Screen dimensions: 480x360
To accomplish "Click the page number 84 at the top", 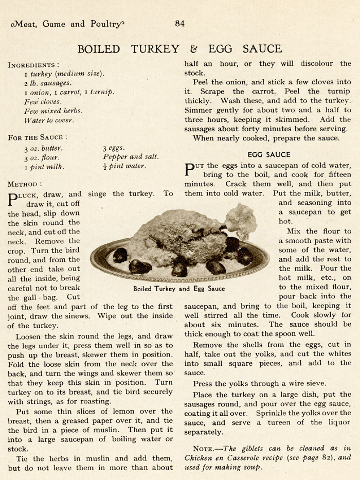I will coord(179,23).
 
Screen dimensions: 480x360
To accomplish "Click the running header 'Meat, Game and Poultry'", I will coord(67,24).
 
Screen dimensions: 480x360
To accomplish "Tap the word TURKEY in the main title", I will coord(154,49).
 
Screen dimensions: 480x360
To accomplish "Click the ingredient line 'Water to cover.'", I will coord(48,120).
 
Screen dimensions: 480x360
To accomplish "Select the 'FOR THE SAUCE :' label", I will coord(37,138).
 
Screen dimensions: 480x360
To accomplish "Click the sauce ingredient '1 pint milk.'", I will coord(44,166).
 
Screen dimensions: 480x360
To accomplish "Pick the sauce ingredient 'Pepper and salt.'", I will coord(131,157).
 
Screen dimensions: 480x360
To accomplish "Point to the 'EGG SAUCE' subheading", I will coord(268,154).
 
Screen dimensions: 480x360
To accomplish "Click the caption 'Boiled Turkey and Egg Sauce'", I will coord(178,289).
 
